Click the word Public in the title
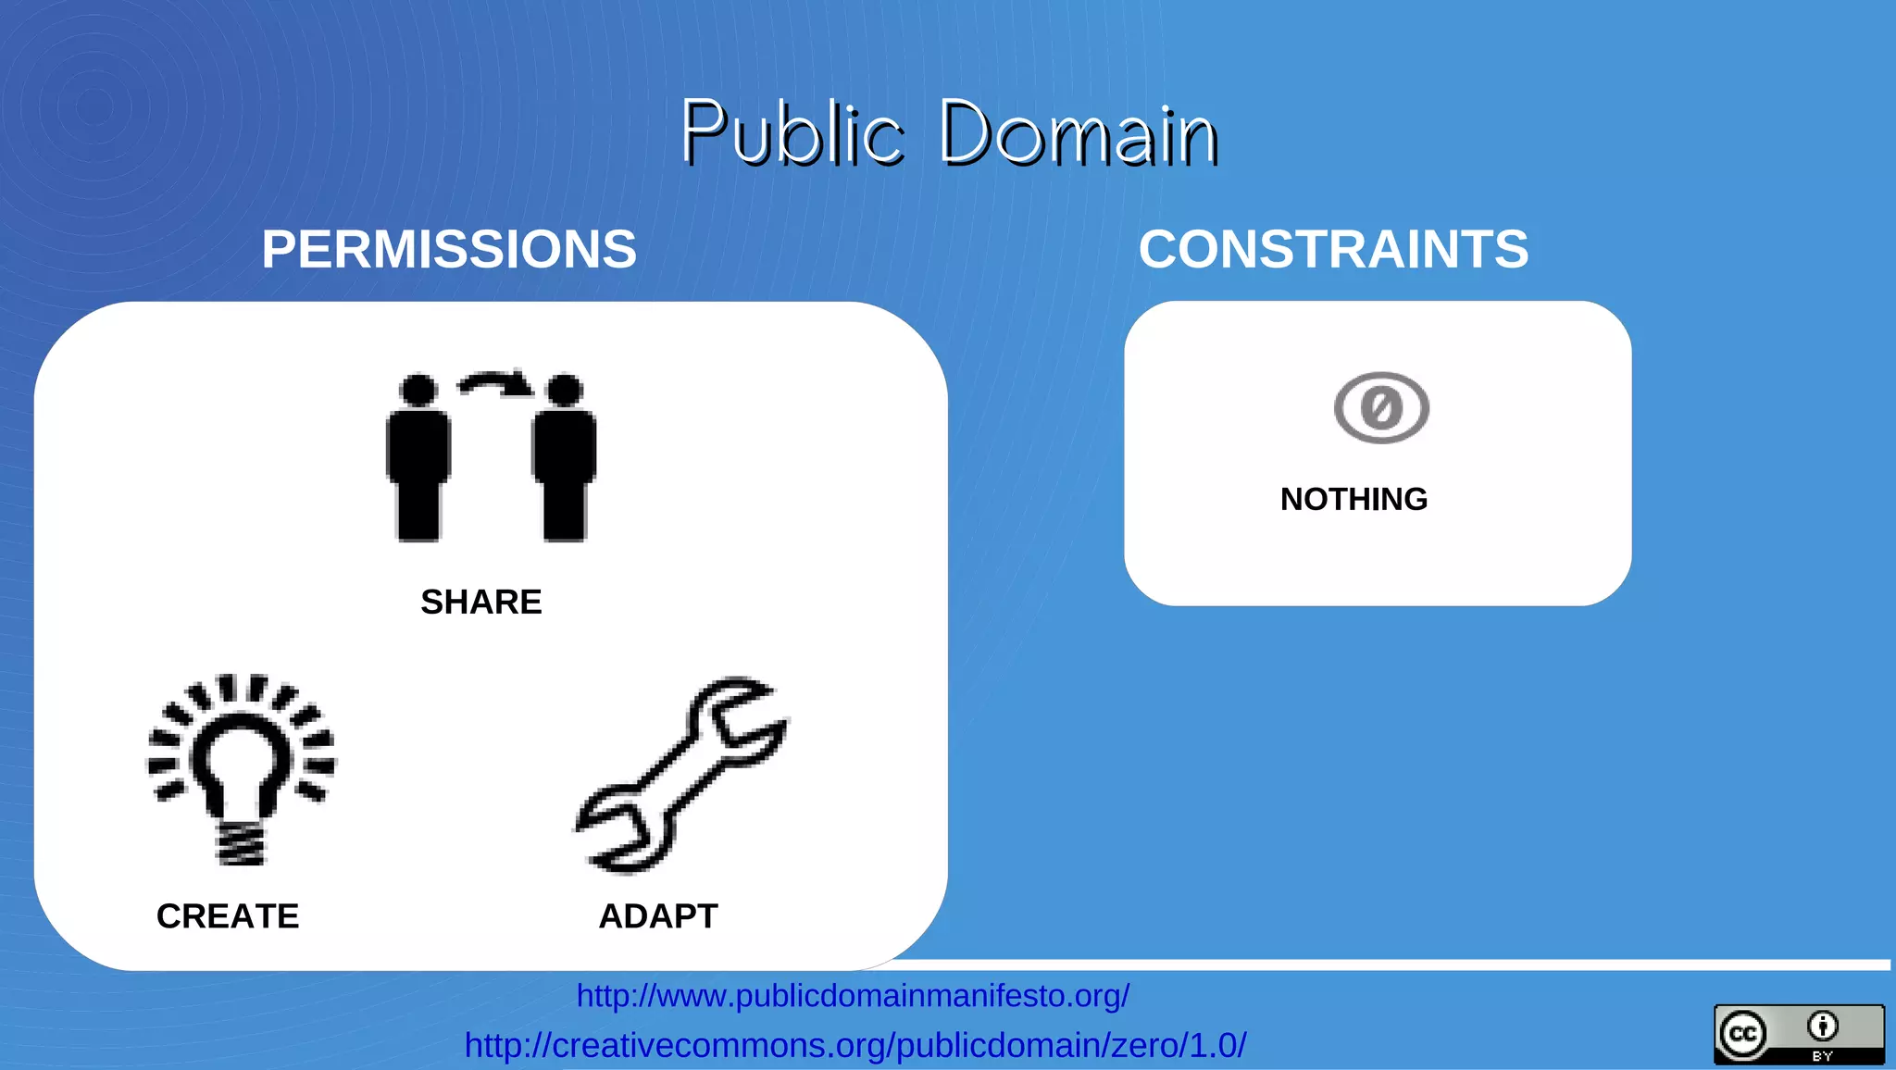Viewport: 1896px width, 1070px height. coord(792,133)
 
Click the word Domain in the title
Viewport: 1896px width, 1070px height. coord(1079,133)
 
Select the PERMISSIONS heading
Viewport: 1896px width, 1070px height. coord(449,249)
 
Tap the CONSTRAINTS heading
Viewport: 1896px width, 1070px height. coord(1333,249)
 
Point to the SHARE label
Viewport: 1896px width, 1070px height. coord(481,602)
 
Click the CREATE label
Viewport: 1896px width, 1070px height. coord(228,915)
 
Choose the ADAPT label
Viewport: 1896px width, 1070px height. coord(658,915)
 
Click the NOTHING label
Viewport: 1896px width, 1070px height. coord(1353,499)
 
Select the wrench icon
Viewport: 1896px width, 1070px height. coord(681,776)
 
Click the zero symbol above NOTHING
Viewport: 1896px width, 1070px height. coord(1381,407)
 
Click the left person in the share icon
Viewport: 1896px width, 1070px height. coord(418,457)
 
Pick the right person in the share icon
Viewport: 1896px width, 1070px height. coord(565,457)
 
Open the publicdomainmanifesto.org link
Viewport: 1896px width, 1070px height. coord(853,996)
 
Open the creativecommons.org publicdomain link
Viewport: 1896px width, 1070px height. coord(855,1045)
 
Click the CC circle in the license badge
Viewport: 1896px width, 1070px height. coord(1742,1034)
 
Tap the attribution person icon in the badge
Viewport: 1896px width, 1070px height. coord(1823,1026)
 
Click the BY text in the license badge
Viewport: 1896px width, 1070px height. coord(1823,1056)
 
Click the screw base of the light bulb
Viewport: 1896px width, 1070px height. coord(242,843)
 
